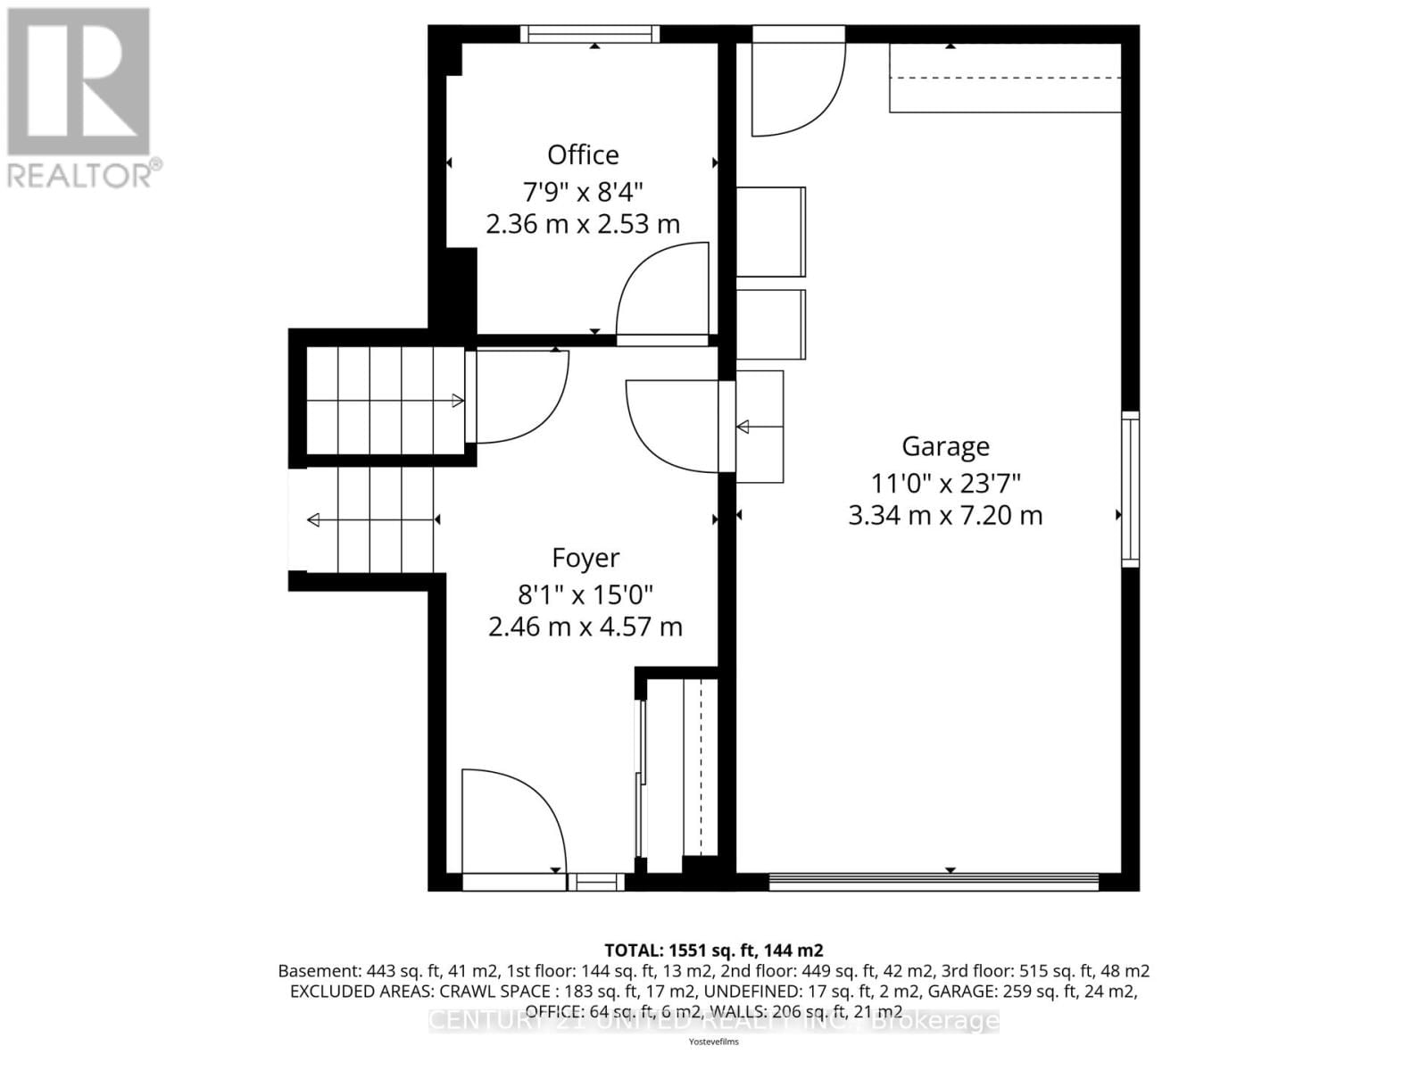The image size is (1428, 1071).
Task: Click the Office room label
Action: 583,155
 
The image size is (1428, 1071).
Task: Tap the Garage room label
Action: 945,446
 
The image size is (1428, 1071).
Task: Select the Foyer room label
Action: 585,558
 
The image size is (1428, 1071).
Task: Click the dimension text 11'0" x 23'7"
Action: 945,483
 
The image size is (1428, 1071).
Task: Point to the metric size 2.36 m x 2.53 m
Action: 583,224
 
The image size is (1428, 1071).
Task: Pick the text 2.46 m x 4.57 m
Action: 585,627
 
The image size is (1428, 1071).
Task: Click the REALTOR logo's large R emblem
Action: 79,81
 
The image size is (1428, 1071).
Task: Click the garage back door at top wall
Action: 797,85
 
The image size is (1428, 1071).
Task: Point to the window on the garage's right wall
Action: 1130,489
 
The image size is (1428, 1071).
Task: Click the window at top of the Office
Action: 590,34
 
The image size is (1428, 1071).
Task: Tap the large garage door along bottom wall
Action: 934,882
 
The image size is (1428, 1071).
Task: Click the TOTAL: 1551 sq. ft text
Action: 713,951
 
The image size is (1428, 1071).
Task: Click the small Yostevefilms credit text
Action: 713,1042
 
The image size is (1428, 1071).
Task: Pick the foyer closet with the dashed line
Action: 682,768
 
